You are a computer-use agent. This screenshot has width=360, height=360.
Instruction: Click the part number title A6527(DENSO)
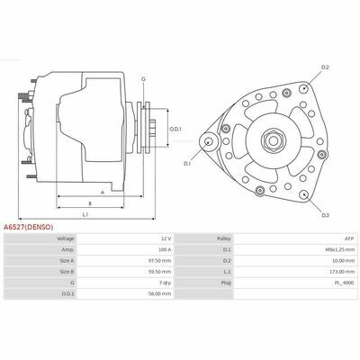coord(29,227)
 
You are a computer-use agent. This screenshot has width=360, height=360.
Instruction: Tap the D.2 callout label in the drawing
coord(325,67)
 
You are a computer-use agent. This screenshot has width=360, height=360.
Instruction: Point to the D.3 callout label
coord(326,215)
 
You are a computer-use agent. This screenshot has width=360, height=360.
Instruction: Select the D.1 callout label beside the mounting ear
coord(187,164)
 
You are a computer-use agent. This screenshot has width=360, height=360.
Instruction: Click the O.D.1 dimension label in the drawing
coord(175,130)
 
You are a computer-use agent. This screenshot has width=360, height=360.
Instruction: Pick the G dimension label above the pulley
coord(143,79)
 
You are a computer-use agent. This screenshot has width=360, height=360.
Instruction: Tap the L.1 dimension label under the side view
coord(85,214)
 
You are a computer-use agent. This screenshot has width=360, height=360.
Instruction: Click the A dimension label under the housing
coord(103,193)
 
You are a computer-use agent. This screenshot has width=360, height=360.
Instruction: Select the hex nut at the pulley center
coord(273,140)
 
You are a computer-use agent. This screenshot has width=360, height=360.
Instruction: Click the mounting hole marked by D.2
coord(303,88)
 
